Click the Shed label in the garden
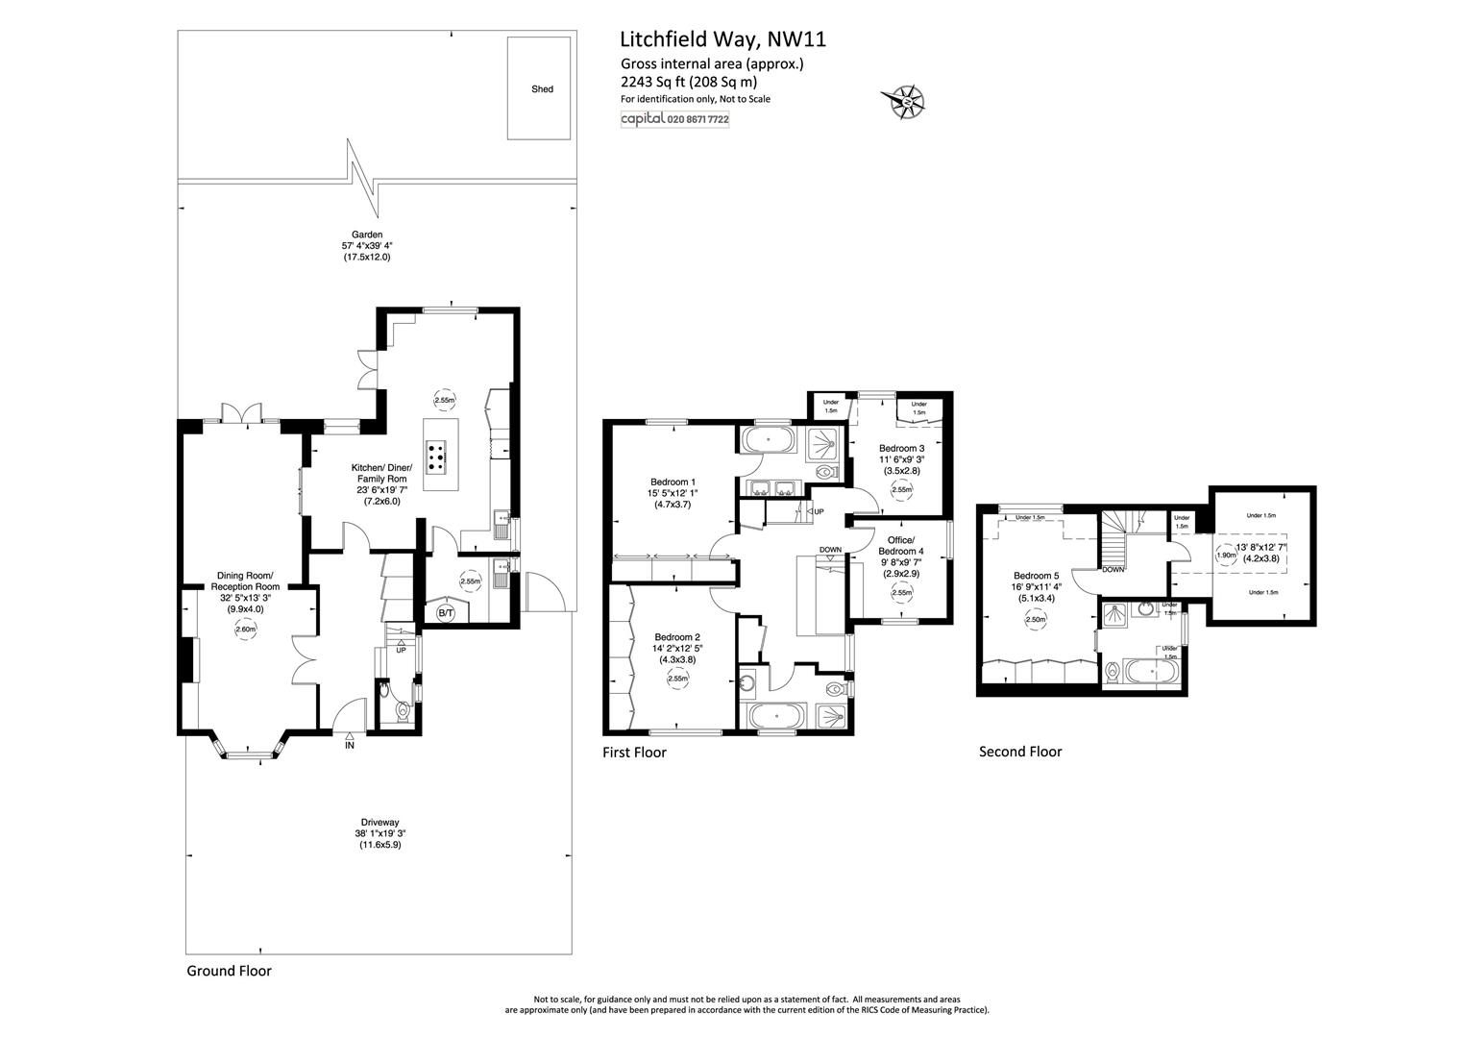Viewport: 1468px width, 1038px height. (542, 89)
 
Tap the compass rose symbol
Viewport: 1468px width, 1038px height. (904, 102)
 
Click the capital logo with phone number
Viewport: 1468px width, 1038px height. (675, 119)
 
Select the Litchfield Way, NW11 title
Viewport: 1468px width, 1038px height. (722, 39)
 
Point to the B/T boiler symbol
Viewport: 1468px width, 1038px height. (446, 613)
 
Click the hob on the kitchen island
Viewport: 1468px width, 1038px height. (436, 457)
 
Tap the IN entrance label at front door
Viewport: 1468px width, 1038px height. (350, 746)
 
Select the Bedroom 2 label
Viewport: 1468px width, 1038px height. (677, 636)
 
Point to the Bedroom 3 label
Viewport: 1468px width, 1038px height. (902, 449)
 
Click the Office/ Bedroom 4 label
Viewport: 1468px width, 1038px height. (900, 546)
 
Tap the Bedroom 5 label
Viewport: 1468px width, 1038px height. (1036, 576)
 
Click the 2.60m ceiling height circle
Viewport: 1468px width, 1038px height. (246, 630)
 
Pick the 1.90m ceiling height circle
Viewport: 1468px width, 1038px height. (1225, 556)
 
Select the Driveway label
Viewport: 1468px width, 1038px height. (379, 823)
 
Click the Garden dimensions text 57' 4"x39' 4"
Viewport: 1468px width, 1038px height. (366, 246)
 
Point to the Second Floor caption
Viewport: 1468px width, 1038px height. (1020, 753)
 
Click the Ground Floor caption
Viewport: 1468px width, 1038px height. (229, 971)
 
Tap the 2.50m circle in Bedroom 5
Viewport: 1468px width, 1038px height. (1036, 619)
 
